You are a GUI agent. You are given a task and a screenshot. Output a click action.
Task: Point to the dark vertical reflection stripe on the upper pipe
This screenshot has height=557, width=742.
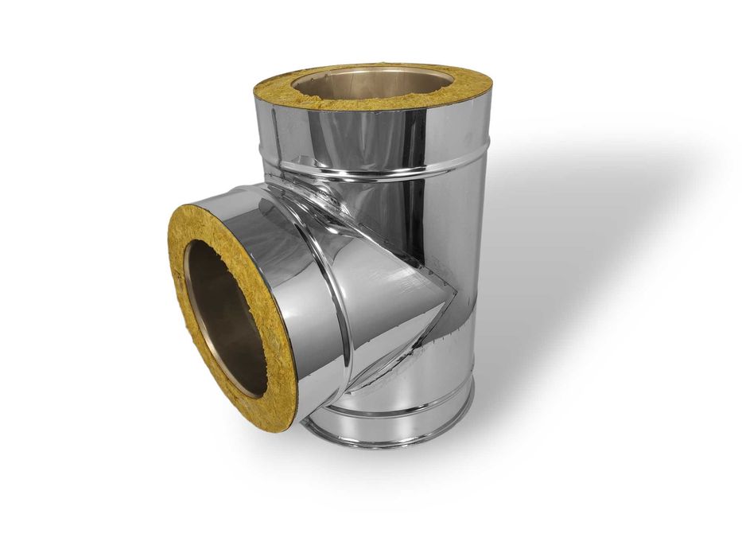click(418, 135)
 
